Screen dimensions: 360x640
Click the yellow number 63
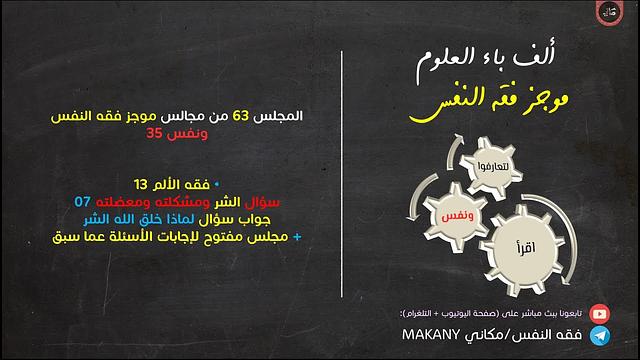[242, 116]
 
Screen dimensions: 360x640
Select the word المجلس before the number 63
[282, 116]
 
